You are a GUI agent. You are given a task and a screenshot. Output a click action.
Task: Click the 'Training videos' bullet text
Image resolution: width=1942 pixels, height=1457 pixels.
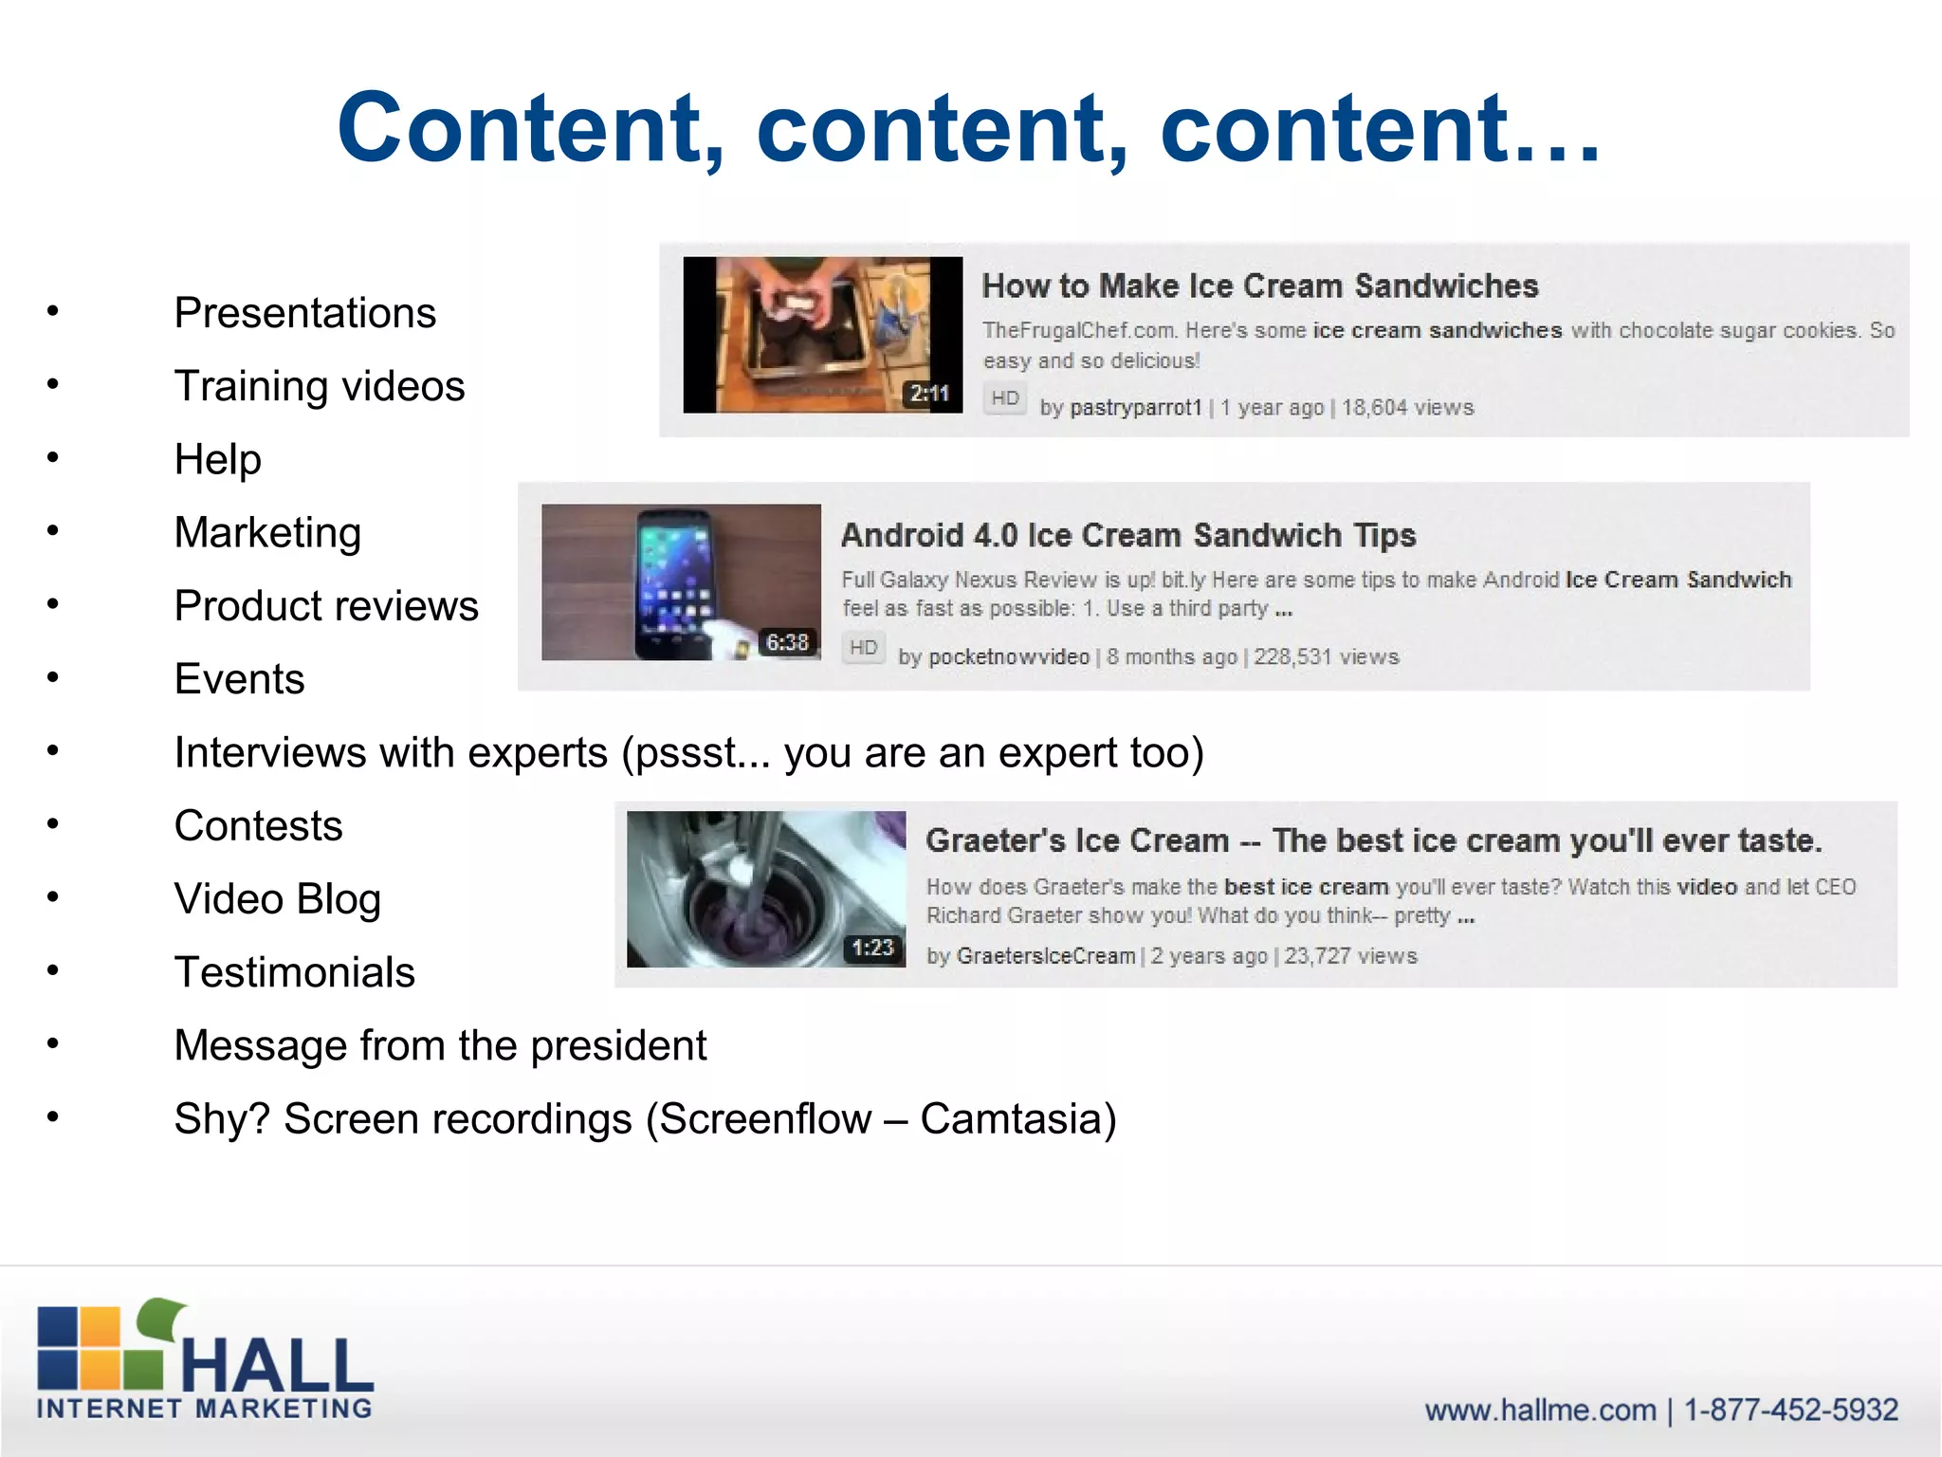coord(320,386)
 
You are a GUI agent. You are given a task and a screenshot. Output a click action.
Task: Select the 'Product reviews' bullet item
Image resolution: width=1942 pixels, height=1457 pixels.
coord(326,606)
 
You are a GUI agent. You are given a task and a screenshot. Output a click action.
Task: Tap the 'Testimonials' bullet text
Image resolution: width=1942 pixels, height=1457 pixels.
coord(295,972)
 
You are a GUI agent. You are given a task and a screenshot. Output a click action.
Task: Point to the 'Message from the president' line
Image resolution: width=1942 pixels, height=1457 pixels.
coord(440,1045)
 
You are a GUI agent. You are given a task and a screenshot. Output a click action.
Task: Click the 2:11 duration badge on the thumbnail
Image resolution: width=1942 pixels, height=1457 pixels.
coord(929,394)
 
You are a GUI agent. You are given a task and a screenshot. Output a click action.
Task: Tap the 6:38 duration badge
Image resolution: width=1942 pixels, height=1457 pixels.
coord(787,643)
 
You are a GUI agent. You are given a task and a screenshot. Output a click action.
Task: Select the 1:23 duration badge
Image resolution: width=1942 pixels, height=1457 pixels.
coord(872,948)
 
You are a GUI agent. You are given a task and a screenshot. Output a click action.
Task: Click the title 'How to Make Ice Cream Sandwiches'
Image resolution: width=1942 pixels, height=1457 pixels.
coord(1259,286)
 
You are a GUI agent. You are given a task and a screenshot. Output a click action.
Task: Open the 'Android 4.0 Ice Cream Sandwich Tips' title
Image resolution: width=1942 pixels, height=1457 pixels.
coord(1128,536)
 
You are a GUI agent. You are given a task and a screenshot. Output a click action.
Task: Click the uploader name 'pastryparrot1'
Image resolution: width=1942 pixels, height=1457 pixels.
coord(1135,408)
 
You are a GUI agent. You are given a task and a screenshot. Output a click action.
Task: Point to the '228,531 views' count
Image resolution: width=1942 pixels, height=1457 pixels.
coord(1326,657)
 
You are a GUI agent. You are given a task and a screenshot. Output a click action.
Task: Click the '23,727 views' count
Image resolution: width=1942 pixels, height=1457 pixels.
coord(1350,956)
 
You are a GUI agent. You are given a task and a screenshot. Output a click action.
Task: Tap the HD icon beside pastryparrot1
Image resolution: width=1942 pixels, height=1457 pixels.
coord(1004,398)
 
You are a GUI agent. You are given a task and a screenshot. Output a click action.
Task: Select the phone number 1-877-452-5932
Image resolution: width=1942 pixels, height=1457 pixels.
coord(1790,1411)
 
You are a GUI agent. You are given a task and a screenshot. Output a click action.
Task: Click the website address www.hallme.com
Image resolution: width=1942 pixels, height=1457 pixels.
coord(1540,1411)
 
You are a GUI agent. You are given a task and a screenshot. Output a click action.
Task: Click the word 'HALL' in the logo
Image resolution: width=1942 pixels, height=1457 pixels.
coord(277,1366)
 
